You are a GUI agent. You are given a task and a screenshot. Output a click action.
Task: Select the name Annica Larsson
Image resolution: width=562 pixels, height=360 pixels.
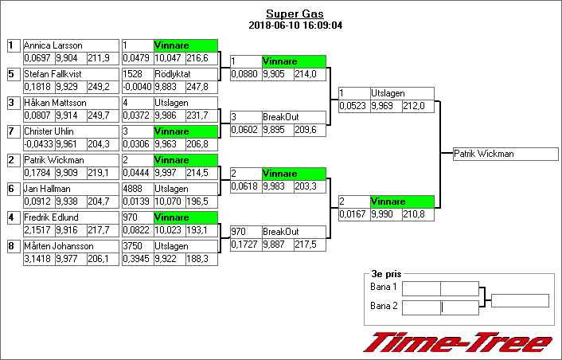(53, 45)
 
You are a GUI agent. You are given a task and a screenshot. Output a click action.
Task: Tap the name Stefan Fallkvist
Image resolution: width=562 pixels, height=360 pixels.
(54, 74)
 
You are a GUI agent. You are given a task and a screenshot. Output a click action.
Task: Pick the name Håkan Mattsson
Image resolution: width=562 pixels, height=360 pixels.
(53, 103)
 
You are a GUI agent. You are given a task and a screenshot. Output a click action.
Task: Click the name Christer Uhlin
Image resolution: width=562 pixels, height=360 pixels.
(49, 131)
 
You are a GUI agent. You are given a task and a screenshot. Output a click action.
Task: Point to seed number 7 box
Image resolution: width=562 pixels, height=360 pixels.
(12, 131)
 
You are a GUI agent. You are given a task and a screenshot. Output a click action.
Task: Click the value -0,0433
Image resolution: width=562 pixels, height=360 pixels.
(37, 144)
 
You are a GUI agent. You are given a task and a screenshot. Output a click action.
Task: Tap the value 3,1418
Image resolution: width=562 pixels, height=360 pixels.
(37, 259)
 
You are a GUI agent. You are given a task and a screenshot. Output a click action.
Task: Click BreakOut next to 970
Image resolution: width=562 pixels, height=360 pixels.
(279, 232)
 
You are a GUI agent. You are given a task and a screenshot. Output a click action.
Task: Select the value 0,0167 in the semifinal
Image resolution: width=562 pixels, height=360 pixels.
(353, 214)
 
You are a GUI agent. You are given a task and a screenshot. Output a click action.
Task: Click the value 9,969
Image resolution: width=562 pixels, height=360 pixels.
(383, 106)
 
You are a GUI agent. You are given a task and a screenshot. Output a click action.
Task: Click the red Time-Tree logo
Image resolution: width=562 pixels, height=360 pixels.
(457, 342)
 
